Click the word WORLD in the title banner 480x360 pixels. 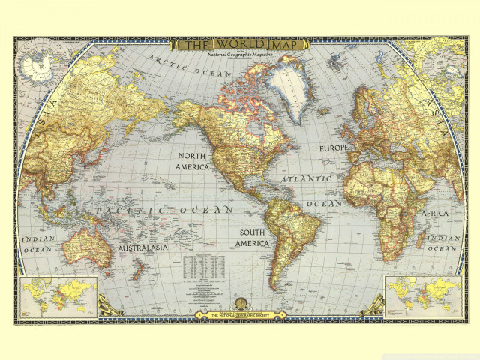click(x=238, y=43)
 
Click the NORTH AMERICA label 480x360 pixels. click(x=192, y=161)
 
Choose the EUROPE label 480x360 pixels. click(x=334, y=148)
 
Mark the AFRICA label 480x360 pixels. click(x=434, y=214)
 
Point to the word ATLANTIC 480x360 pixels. click(x=306, y=180)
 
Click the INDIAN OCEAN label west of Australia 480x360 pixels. click(x=37, y=244)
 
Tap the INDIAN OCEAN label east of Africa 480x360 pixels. click(x=442, y=242)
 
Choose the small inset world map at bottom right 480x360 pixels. click(x=421, y=295)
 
